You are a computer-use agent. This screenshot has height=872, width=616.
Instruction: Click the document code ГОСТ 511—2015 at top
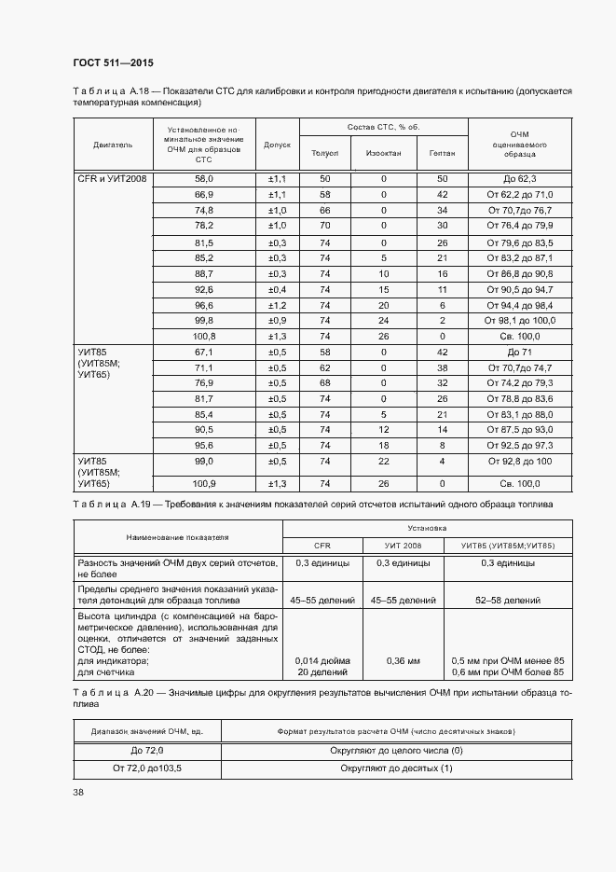pos(113,62)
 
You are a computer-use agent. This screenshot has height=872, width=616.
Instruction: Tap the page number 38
pos(78,792)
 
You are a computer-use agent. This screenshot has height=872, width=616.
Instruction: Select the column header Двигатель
pos(113,145)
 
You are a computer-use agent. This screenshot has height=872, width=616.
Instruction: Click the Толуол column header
pos(324,153)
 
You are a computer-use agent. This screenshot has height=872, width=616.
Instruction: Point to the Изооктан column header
pos(383,153)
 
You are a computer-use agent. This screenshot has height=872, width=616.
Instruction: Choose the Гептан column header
pos(442,153)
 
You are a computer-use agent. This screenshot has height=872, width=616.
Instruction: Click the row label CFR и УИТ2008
pos(112,177)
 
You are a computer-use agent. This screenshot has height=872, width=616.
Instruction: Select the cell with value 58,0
pos(203,177)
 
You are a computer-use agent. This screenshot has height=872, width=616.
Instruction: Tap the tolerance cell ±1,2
pos(277,305)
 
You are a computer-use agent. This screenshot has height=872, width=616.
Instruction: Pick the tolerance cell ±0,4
pos(277,289)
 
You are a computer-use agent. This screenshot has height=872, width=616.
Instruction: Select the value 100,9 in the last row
pos(203,483)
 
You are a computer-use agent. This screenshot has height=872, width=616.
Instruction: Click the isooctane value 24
pos(383,321)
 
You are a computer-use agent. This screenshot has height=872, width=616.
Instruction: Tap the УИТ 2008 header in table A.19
pos(403,545)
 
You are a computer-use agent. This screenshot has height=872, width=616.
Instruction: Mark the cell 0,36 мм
pos(403,659)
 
